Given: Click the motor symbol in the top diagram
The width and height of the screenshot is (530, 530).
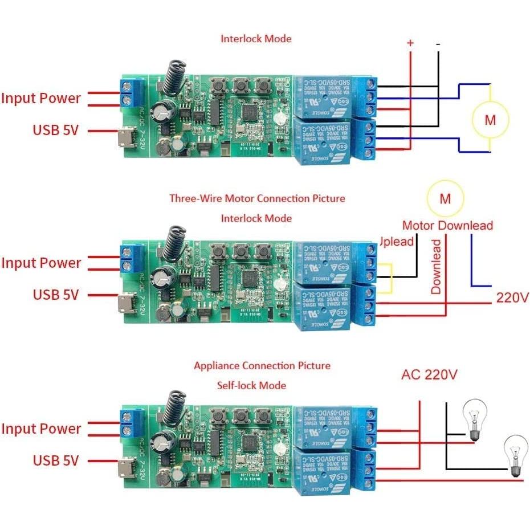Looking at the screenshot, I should tap(490, 120).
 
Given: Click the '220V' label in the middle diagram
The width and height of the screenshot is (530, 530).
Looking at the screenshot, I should tap(511, 297).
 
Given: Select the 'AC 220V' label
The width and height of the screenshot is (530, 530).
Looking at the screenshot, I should tap(429, 375).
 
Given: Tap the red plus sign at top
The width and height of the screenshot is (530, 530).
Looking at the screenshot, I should tap(410, 43).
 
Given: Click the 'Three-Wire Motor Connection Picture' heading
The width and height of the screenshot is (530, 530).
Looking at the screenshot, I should tap(257, 198).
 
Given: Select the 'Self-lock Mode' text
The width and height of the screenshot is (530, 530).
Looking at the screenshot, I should tap(251, 385).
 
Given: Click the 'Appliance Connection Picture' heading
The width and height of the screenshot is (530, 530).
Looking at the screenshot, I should tap(262, 365).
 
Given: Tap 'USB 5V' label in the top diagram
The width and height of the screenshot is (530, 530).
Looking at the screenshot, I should tap(55, 130).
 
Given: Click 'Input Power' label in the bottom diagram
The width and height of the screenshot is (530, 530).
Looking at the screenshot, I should tap(41, 429).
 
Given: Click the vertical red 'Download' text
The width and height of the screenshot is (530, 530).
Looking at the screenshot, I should tap(436, 267).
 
